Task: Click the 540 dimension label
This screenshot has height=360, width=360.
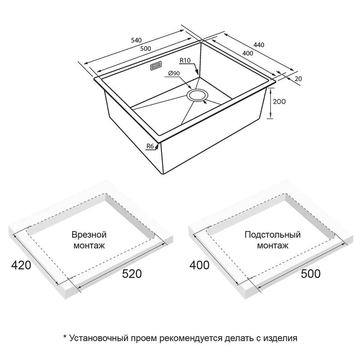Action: pos(136,40)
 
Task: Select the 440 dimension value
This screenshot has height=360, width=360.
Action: pos(259,45)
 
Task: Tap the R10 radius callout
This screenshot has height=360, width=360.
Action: pos(185,60)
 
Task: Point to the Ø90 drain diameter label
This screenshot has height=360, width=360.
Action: pos(174,73)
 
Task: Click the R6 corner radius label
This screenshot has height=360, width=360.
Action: pos(150,146)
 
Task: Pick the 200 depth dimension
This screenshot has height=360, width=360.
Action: pos(279,102)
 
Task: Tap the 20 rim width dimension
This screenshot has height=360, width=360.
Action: pos(298,79)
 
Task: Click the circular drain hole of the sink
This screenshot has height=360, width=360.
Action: pos(197,95)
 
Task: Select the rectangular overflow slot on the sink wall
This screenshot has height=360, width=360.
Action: pos(156,66)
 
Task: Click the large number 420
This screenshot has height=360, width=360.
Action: pos(21,265)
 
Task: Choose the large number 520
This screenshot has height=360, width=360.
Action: pos(132,274)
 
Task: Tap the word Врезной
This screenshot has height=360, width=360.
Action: pos(89,235)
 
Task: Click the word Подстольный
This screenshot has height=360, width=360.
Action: pos(273,235)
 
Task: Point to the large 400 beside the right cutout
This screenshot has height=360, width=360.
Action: pos(199,265)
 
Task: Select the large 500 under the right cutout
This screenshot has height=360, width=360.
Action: pos(310,274)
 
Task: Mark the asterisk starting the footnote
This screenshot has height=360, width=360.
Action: pos(65,337)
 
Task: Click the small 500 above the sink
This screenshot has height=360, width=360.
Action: pos(145,49)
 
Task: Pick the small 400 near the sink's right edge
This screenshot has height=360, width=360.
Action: pos(248,53)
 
